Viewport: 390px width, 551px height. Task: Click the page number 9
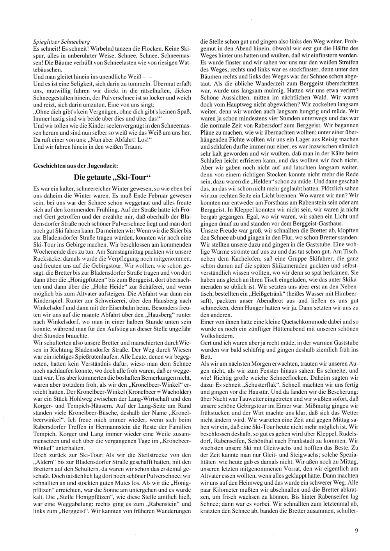(x=356, y=530)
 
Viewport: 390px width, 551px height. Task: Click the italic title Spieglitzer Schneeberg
(x=62, y=41)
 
